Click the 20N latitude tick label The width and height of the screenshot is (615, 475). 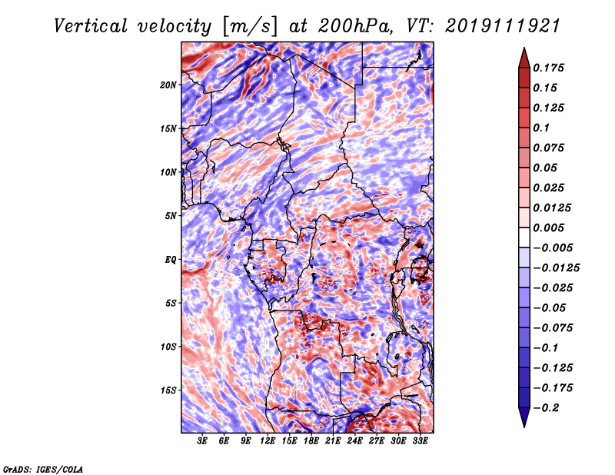[168, 85]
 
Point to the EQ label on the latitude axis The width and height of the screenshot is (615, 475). [170, 260]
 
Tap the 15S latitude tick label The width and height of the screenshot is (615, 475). [168, 390]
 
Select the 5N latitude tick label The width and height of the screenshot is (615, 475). [171, 216]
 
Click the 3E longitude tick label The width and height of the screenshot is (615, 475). [202, 441]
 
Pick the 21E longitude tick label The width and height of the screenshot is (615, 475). [333, 441]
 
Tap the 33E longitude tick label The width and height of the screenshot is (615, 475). [420, 441]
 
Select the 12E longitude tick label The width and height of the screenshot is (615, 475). [267, 441]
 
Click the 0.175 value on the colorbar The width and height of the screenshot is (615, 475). [549, 68]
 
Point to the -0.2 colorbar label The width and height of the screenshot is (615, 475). [547, 408]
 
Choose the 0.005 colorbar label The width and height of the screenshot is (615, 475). [549, 228]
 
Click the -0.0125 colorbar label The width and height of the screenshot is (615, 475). [557, 268]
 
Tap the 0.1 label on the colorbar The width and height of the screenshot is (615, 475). [542, 128]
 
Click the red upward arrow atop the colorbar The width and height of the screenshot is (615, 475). [524, 58]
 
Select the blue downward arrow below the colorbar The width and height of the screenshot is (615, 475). [524, 417]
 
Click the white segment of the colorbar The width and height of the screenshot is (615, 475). [524, 237]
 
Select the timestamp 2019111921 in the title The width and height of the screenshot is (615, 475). [503, 26]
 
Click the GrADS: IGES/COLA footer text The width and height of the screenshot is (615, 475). [43, 469]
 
